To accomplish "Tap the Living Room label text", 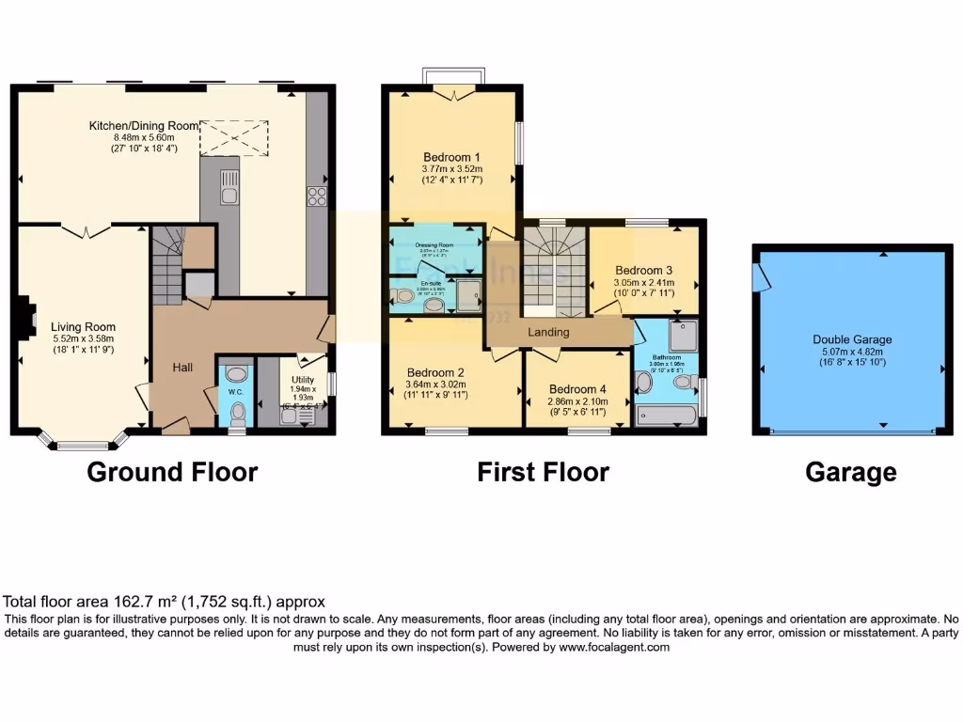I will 83,328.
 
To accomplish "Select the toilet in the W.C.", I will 236,411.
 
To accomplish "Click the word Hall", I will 182,367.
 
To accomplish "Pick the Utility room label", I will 303,381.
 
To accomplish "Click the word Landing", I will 548,332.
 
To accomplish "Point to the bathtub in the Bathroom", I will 666,415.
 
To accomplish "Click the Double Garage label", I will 852,339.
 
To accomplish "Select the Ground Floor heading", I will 172,472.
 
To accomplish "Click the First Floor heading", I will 543,472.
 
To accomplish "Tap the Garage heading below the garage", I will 850,472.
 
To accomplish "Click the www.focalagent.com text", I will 614,647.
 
